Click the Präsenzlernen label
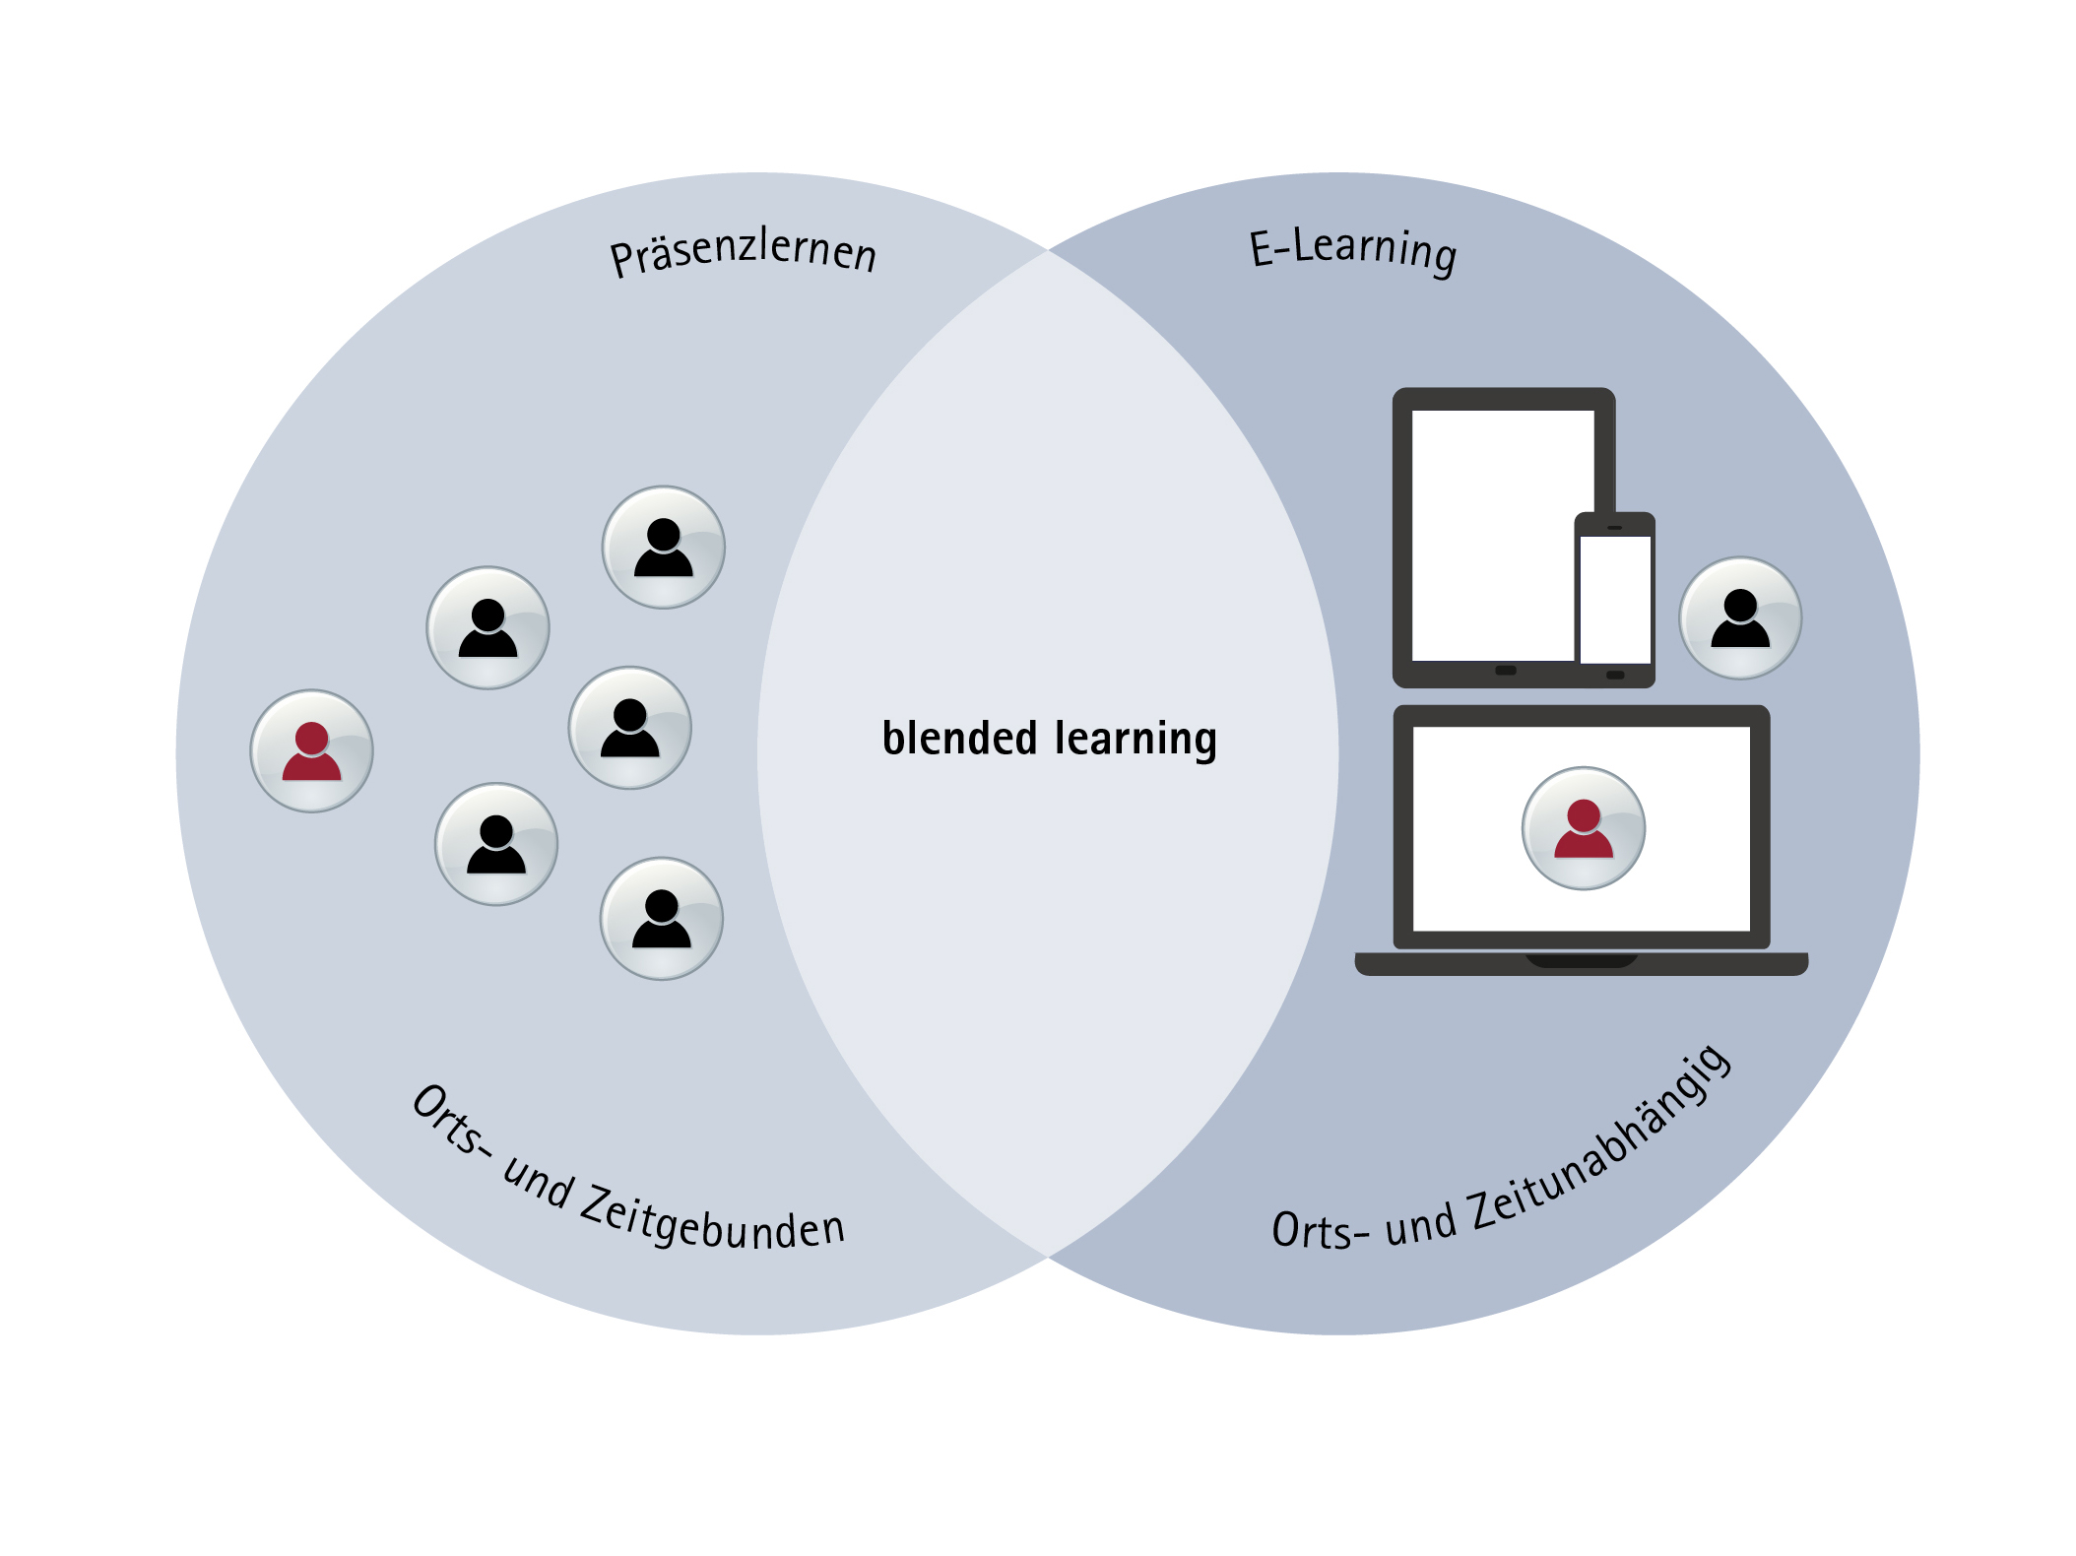743,252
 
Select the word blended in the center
959,739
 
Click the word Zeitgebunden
712,1221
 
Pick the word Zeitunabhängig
1601,1142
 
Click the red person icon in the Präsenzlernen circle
312,751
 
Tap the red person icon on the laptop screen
1584,829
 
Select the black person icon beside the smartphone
1740,618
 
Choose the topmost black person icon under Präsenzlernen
664,548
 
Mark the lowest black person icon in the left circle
662,919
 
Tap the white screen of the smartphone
1615,599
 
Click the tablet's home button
1506,671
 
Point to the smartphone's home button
1615,675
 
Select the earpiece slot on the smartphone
1615,528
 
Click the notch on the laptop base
1582,960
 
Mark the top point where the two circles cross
1048,251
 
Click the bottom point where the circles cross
1048,1257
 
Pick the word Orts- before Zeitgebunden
450,1123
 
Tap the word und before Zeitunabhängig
1419,1224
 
